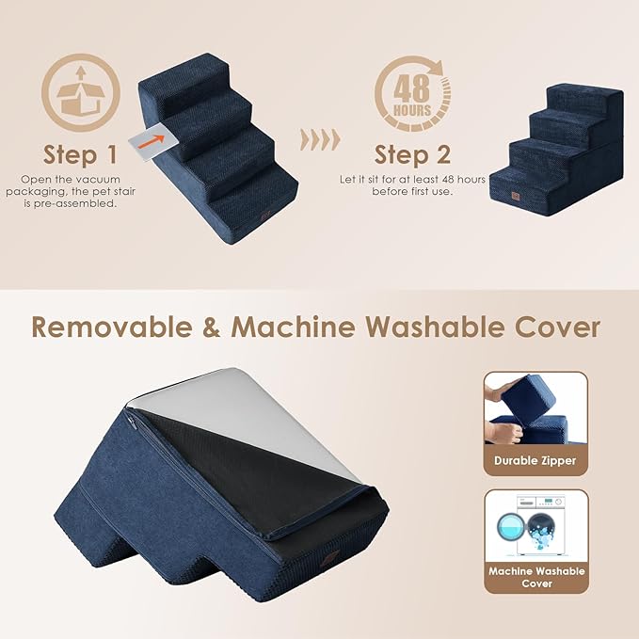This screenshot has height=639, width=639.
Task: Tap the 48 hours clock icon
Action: (x=411, y=94)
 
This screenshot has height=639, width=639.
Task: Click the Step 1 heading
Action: (x=80, y=153)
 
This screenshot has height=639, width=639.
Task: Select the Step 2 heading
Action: (x=412, y=153)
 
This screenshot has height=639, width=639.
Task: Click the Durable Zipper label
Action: (x=535, y=460)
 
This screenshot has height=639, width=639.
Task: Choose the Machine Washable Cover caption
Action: (x=535, y=577)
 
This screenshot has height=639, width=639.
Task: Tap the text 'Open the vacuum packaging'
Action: (x=79, y=178)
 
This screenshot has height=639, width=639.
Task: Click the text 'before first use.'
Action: (x=411, y=191)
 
